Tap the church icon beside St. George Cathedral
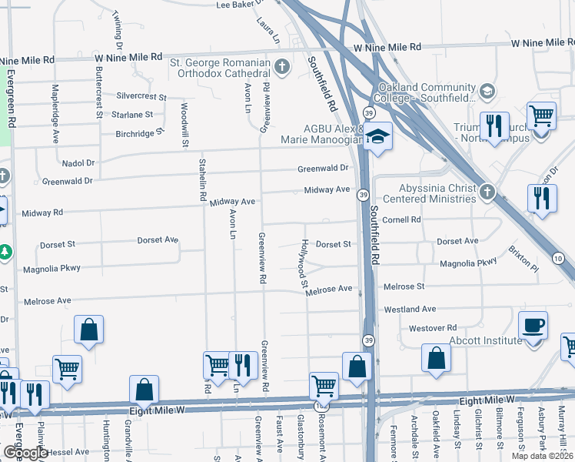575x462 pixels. [281, 67]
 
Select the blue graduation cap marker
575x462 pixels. [377, 137]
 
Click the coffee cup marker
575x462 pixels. [533, 326]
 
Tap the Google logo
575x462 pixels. [25, 452]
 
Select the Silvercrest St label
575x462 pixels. [141, 97]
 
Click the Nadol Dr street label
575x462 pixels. [78, 163]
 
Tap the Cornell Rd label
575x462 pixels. [401, 219]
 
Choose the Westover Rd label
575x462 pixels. [434, 328]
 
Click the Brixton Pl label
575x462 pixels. [523, 259]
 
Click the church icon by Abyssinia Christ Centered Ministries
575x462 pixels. [486, 191]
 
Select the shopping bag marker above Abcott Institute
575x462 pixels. [436, 358]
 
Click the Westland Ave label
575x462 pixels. [410, 310]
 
